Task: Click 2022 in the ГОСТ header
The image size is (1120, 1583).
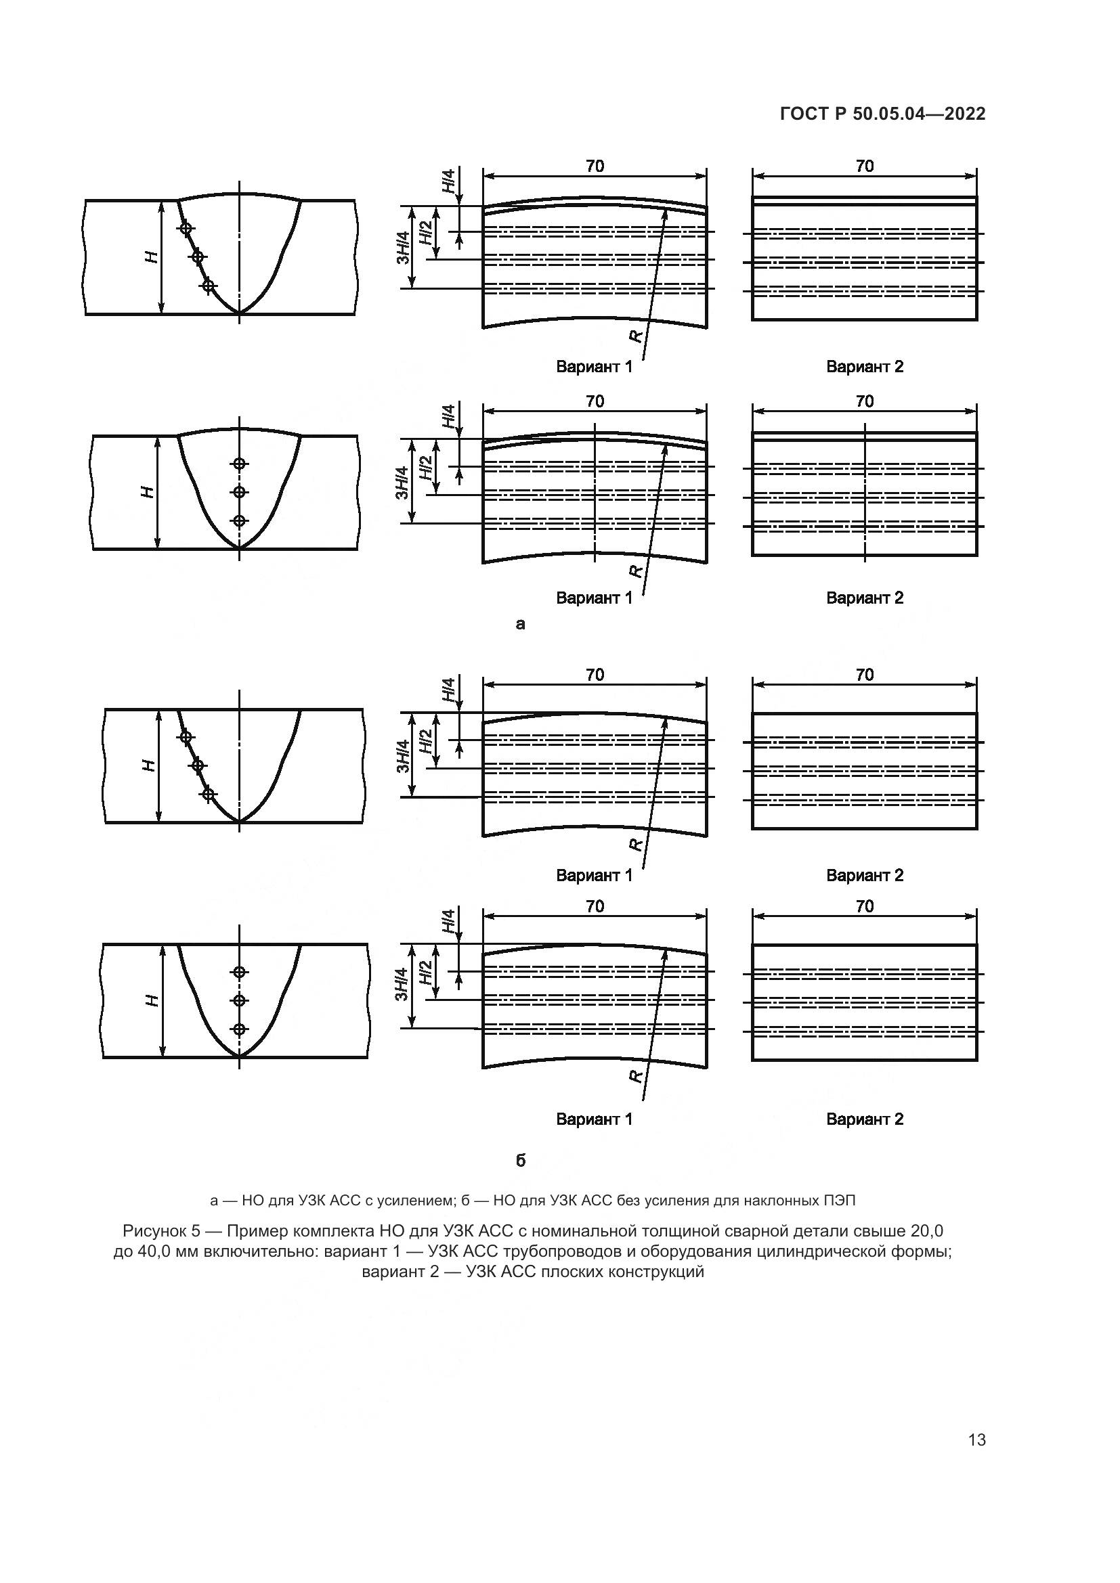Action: [x=965, y=114]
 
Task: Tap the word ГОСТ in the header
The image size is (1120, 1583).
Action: [x=805, y=114]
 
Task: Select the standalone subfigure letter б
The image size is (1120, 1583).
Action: [x=521, y=1161]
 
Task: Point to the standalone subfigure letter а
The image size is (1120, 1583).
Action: [x=521, y=624]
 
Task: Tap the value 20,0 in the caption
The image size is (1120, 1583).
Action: [x=926, y=1230]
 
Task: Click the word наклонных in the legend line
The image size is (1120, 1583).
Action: [x=779, y=1201]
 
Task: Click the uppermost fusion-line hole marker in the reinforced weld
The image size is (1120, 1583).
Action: [x=185, y=228]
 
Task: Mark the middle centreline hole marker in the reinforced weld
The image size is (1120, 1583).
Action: [x=239, y=492]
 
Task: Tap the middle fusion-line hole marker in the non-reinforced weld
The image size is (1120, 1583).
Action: [x=198, y=765]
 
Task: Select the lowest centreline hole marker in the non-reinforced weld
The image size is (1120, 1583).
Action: [x=239, y=1029]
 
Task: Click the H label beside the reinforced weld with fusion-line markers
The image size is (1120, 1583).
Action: [x=151, y=257]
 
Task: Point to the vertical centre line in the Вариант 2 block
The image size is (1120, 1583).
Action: [x=865, y=491]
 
